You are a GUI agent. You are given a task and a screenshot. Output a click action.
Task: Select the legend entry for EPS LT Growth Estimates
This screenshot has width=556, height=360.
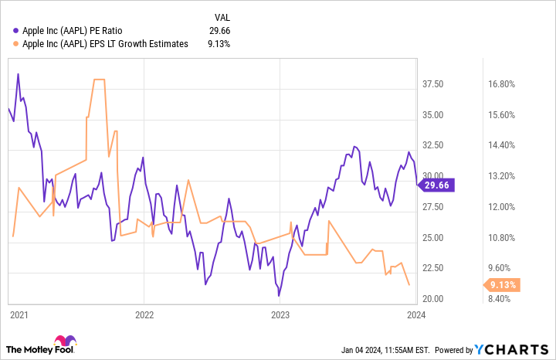100,44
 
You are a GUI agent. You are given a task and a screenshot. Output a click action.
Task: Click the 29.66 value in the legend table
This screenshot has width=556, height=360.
220,31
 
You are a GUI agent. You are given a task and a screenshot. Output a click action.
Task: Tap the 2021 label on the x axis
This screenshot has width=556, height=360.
19,314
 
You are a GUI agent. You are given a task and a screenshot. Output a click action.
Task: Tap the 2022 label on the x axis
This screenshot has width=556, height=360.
144,314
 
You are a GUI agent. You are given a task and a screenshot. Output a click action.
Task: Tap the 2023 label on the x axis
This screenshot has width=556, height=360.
280,314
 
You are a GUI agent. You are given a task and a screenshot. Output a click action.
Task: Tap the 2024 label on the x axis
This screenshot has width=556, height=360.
415,314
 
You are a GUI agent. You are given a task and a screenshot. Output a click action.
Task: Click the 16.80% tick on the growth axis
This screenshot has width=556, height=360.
509,84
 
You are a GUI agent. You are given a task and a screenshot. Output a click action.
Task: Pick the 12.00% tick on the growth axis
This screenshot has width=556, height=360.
509,207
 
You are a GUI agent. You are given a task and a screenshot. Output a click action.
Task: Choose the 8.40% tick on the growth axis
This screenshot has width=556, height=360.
507,298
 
